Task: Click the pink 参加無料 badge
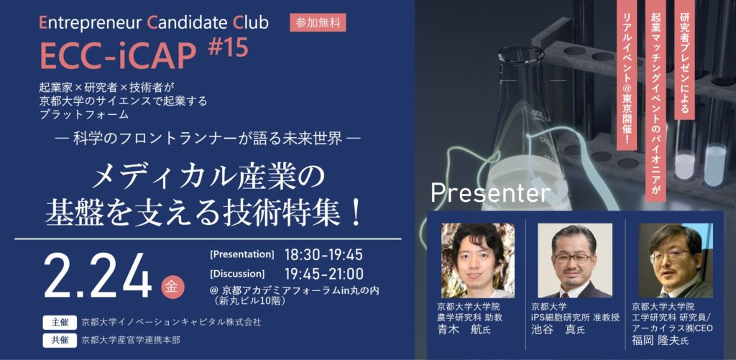click(x=318, y=22)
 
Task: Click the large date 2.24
click(x=98, y=278)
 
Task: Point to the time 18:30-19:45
click(x=324, y=255)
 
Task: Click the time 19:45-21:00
click(x=324, y=273)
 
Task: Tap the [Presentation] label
click(x=242, y=255)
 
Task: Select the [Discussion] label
click(x=237, y=273)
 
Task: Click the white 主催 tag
click(x=60, y=323)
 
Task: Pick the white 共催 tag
click(x=60, y=340)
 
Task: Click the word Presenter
click(x=490, y=192)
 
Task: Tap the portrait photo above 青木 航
click(x=478, y=261)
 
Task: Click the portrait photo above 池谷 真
click(x=575, y=261)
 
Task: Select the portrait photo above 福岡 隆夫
click(x=676, y=261)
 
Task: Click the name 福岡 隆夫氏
click(x=661, y=341)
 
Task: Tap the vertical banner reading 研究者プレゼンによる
click(x=685, y=60)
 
